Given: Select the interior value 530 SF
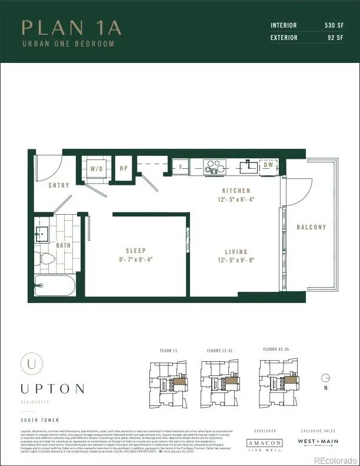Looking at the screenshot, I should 329,25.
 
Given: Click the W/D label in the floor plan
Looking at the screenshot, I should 95,168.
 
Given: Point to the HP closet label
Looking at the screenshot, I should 124,168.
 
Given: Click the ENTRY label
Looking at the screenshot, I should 59,185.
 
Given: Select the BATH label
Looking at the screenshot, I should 63,245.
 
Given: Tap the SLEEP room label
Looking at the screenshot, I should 136,251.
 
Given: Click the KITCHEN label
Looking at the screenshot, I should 236,191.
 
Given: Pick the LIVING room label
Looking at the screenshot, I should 236,252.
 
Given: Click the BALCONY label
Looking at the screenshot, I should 311,227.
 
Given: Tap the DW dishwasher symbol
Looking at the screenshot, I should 268,166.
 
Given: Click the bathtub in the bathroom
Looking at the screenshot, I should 55,286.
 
